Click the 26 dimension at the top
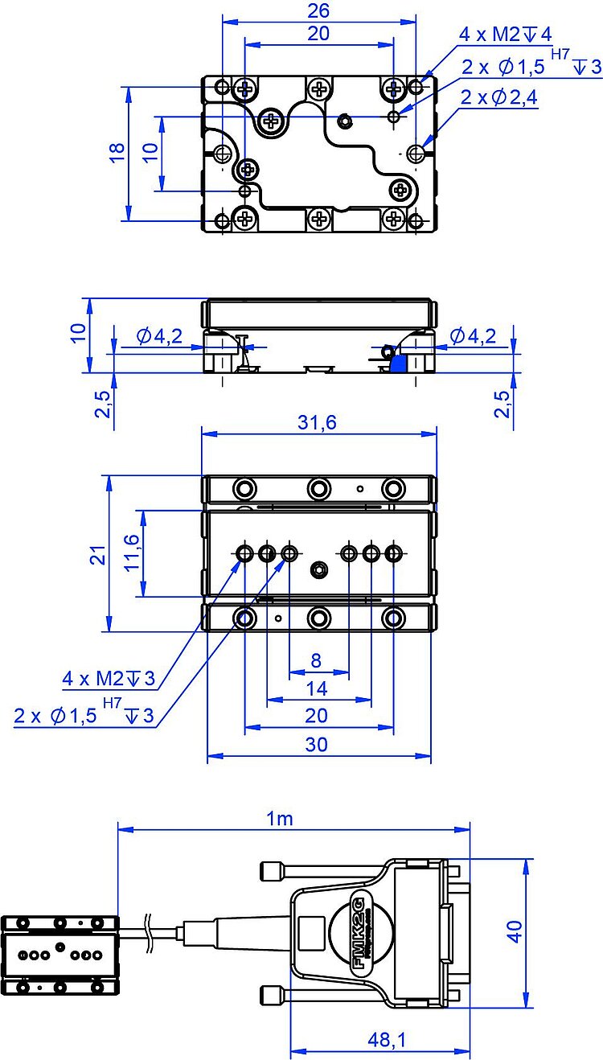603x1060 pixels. click(x=319, y=12)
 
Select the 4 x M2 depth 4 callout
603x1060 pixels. click(x=505, y=34)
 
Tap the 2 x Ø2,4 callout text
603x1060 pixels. click(x=499, y=98)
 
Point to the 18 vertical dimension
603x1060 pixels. click(x=117, y=152)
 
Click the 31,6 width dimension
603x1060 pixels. click(x=318, y=423)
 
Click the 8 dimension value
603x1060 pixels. click(x=316, y=661)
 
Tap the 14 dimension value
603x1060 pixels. click(x=317, y=688)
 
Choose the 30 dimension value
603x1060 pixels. click(x=317, y=745)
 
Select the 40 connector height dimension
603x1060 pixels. click(x=514, y=931)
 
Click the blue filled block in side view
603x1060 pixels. click(x=397, y=364)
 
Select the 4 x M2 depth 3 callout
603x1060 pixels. click(x=109, y=679)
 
